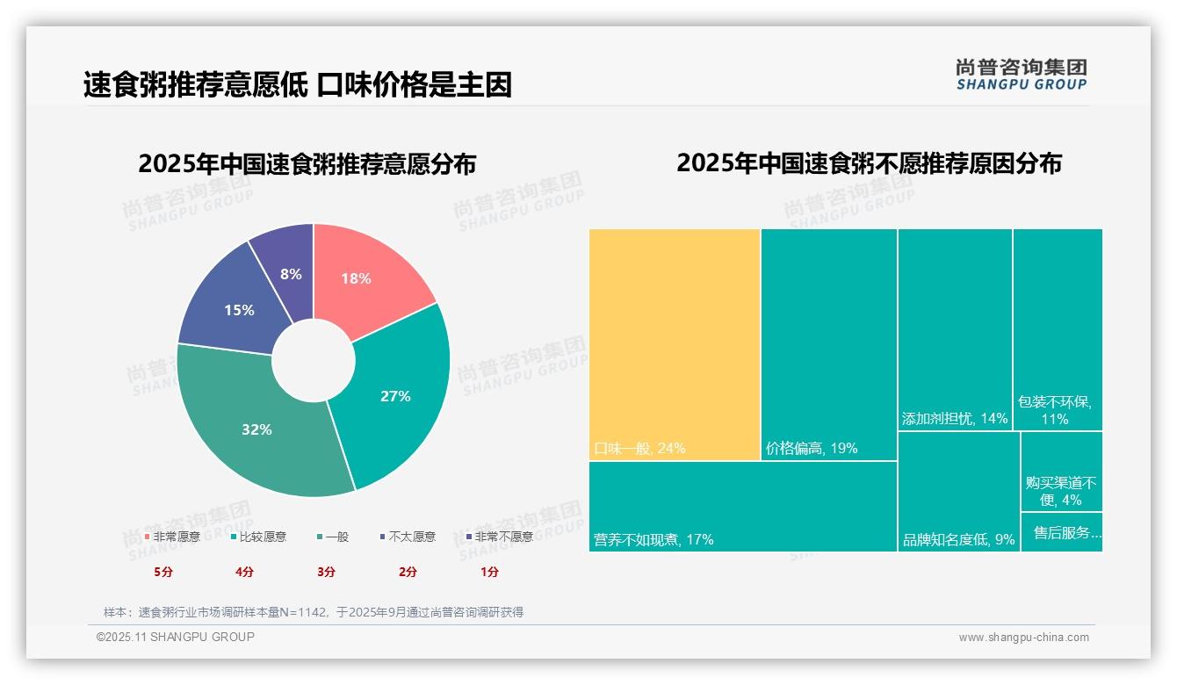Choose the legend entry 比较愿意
click(258, 537)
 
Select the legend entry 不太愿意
click(408, 537)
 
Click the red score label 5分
click(164, 572)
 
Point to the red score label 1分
click(489, 572)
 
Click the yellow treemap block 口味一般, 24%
click(675, 342)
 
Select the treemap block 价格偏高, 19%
click(828, 342)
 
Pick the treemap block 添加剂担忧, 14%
click(955, 329)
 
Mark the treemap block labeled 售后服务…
click(1061, 532)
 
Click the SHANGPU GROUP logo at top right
click(1022, 74)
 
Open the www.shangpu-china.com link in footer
click(1023, 638)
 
